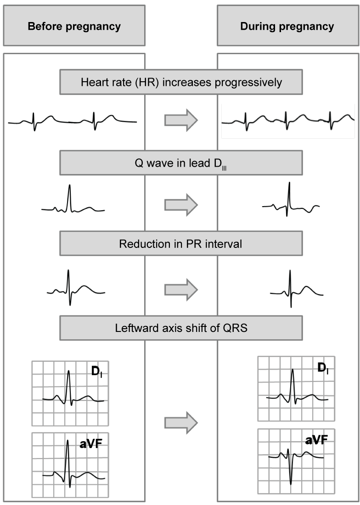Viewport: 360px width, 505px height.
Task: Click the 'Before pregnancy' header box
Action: (74, 26)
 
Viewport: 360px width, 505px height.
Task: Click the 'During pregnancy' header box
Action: (287, 26)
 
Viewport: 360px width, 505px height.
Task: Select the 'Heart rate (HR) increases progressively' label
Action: (181, 83)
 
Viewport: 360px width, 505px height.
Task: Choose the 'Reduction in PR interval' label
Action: (181, 243)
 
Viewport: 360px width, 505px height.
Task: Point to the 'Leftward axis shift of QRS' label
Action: (181, 328)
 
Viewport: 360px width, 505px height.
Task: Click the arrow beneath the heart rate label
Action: (181, 121)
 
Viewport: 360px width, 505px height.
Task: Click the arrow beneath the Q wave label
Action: (181, 204)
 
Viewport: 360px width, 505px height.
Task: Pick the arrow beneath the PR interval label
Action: (181, 289)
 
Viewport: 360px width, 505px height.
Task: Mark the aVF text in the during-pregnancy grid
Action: (317, 441)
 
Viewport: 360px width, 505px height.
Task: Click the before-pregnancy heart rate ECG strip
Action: (73, 121)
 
